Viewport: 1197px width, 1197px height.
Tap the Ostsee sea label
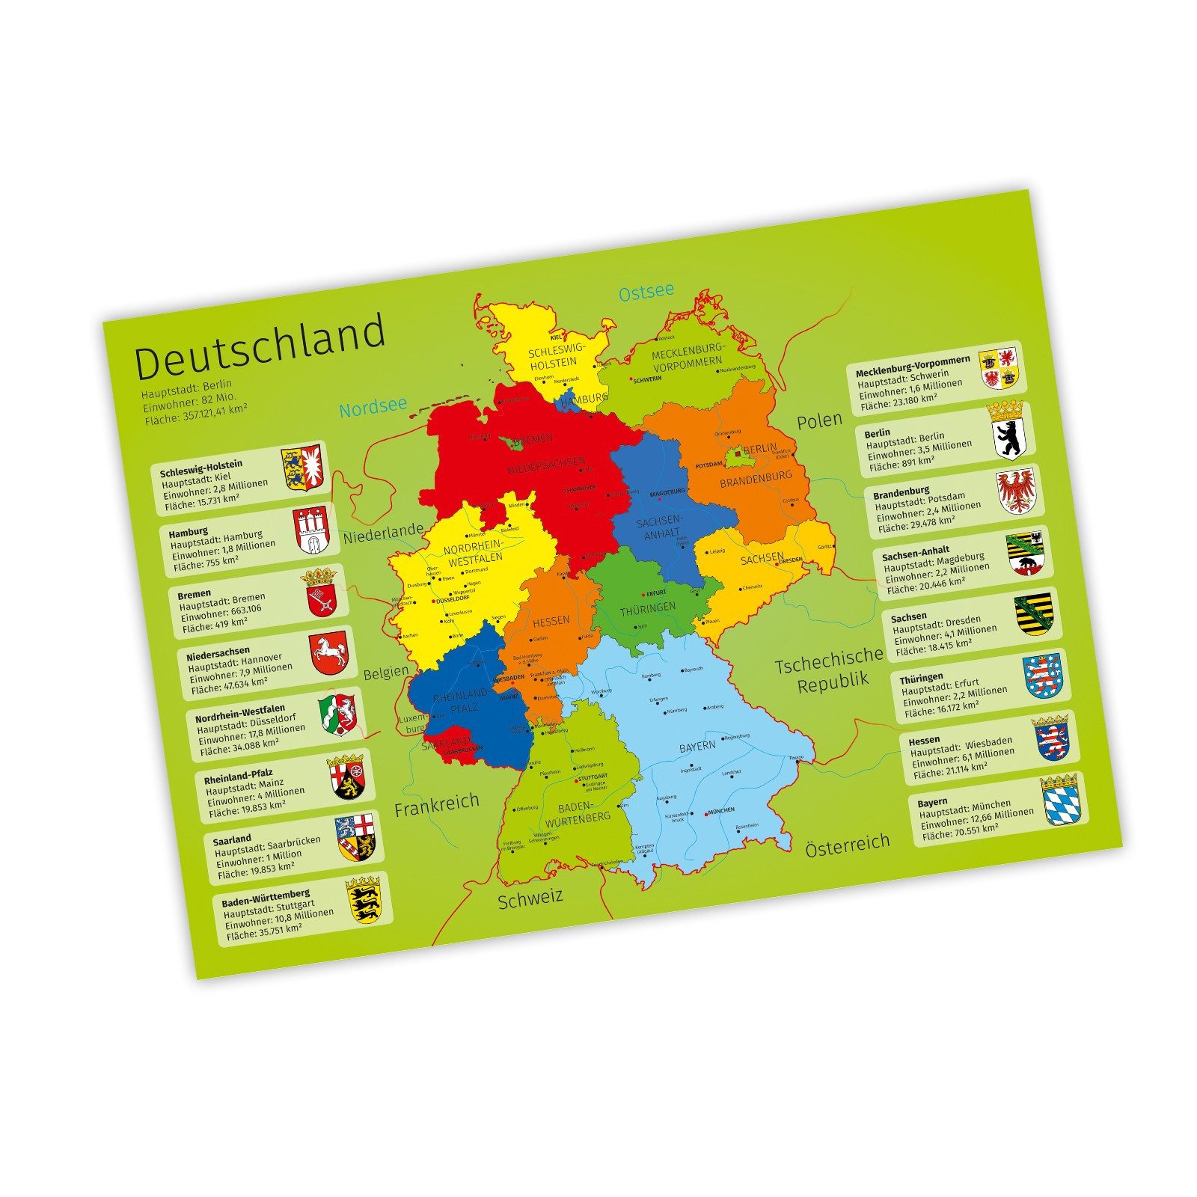pyautogui.click(x=646, y=292)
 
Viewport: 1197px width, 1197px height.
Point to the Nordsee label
pyautogui.click(x=373, y=408)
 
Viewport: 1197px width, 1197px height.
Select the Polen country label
pyautogui.click(x=819, y=421)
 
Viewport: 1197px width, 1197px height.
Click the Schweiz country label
pyautogui.click(x=530, y=899)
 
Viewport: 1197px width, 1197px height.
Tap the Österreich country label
pyautogui.click(x=848, y=846)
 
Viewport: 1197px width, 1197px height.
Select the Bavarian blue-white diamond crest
pyautogui.click(x=1059, y=801)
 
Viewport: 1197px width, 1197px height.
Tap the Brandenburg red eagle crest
pyautogui.click(x=1017, y=491)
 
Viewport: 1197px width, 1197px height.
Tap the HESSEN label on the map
pyautogui.click(x=551, y=621)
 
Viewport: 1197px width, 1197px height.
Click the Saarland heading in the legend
pyautogui.click(x=232, y=839)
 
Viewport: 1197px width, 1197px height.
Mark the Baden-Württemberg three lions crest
pyautogui.click(x=364, y=901)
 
